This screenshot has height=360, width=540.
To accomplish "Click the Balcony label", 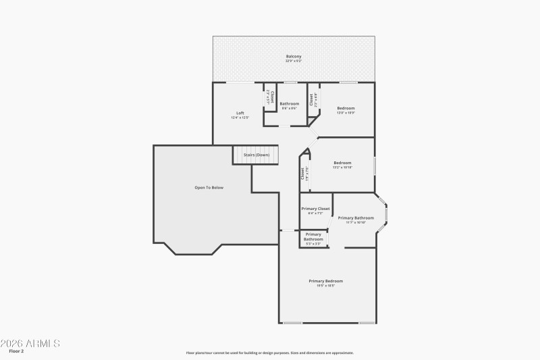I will pos(294,56).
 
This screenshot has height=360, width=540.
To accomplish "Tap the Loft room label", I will pos(240,113).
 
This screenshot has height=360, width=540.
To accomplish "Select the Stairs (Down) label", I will pos(256,155).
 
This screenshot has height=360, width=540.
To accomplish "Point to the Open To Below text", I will pos(209,187).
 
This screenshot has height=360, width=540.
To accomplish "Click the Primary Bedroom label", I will pos(326,281).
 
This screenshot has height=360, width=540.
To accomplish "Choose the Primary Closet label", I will pos(315,209).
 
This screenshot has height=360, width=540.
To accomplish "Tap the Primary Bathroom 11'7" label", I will pos(356,217).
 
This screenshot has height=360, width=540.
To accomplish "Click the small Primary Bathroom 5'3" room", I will pos(313,238).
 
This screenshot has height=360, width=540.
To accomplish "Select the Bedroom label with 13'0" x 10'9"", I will pos(346,108).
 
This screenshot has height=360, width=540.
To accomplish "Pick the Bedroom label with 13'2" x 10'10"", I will pos(342,163).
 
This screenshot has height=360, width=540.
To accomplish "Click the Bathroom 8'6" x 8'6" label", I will pos(290,103).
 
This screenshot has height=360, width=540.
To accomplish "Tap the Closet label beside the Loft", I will pos(270,97).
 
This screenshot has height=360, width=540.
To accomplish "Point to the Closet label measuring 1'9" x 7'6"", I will pos(303,173).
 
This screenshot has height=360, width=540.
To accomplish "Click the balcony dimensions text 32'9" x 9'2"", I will pos(294,61).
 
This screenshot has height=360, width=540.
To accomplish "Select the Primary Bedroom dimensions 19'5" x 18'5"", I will pos(326,286).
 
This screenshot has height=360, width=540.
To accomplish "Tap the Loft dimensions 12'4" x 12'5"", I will pos(240,118).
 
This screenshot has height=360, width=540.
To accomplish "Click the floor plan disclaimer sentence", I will pos(270,353).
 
